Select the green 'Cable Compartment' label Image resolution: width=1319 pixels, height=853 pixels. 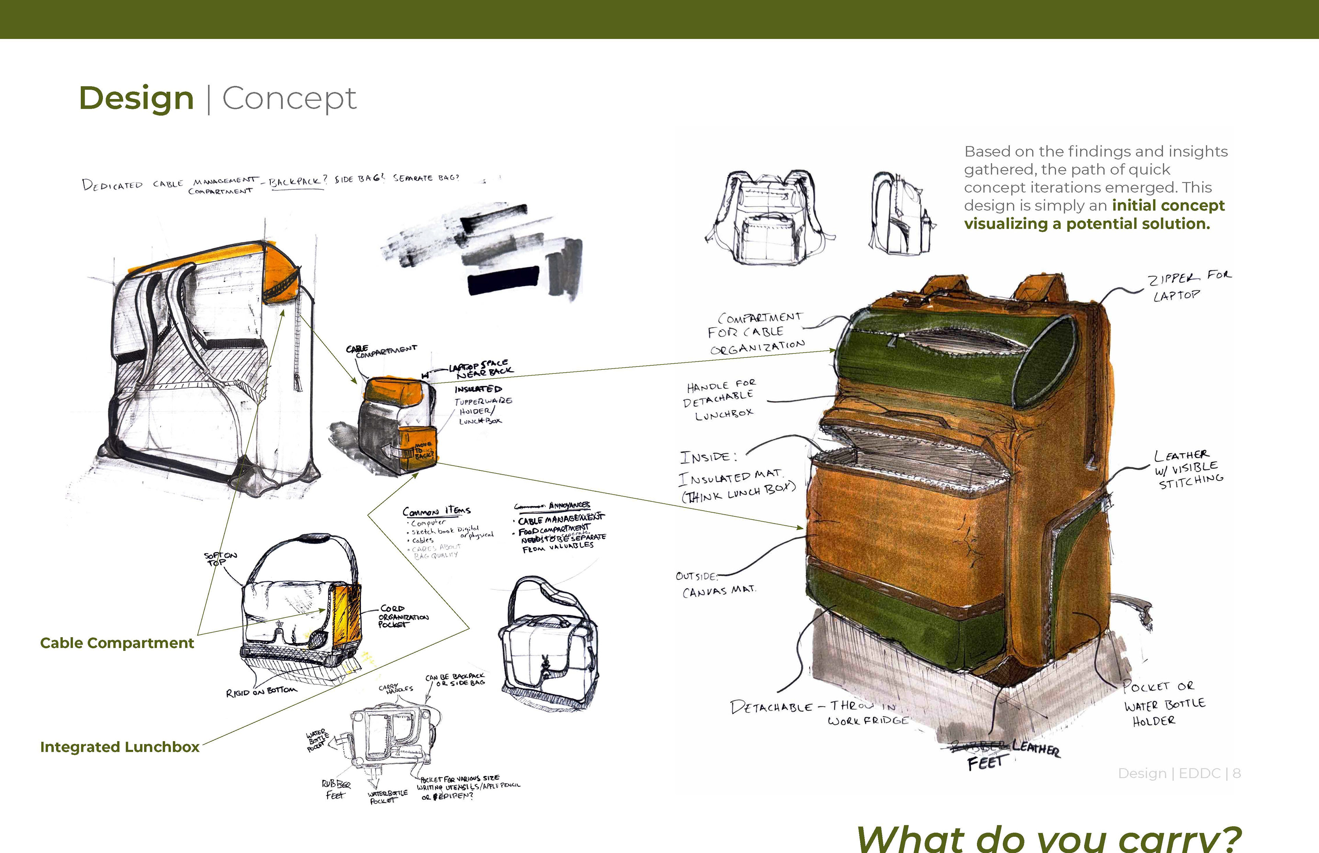click(117, 643)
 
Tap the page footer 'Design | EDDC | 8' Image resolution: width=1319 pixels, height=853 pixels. click(1179, 773)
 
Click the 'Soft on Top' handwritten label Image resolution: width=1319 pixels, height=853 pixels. click(220, 558)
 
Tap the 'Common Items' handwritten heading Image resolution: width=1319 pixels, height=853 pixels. click(436, 511)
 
